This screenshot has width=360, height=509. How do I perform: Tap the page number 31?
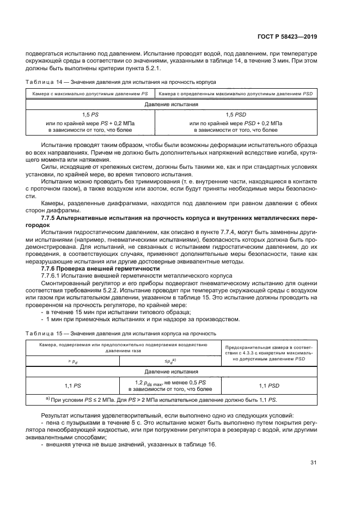[313, 463]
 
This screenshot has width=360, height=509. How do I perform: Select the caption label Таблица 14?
[39, 82]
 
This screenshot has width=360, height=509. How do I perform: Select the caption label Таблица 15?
[39, 333]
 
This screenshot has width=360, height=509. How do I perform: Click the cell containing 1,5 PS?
[90, 115]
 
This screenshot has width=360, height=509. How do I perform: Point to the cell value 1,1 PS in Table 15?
[72, 385]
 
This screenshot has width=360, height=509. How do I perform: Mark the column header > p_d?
[72, 360]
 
